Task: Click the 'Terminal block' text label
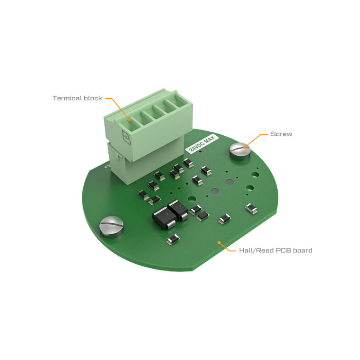click(x=77, y=98)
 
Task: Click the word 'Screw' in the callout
click(x=281, y=134)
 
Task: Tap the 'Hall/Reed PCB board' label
click(x=276, y=250)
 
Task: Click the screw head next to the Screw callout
click(x=239, y=150)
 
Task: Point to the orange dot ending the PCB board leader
click(x=219, y=241)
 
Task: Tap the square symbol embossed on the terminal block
click(x=125, y=136)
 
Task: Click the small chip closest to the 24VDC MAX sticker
click(x=188, y=163)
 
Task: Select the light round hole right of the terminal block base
click(x=191, y=197)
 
